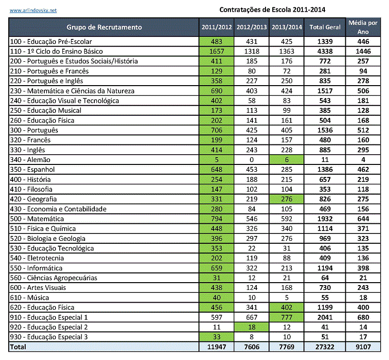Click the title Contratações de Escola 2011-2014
click(272, 9)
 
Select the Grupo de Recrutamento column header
click(104, 27)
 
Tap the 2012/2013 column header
click(251, 27)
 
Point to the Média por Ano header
click(363, 27)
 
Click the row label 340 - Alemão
click(30, 160)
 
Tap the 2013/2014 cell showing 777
click(286, 317)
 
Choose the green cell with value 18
click(251, 327)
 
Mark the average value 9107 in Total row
click(363, 347)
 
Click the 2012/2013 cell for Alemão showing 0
click(251, 160)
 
